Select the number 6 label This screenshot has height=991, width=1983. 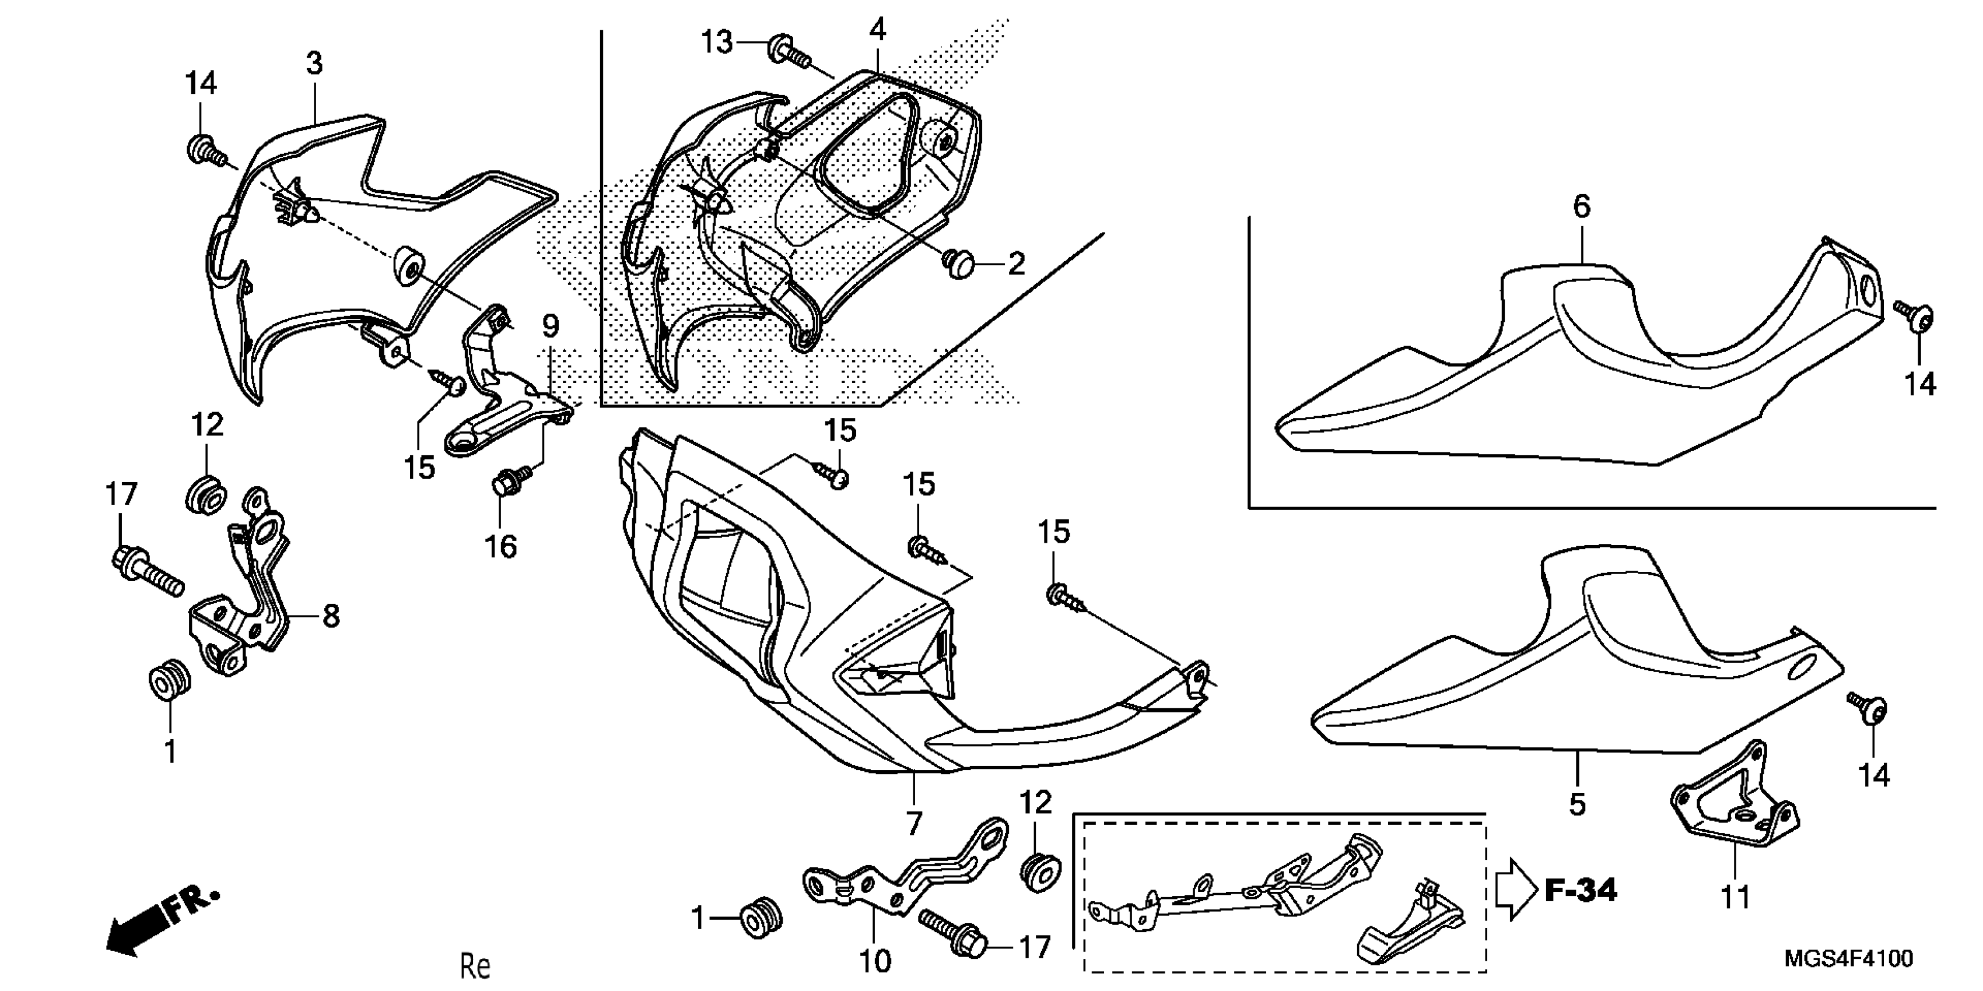click(1581, 206)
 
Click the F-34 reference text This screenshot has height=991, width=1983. click(1581, 891)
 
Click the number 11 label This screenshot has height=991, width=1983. click(1735, 897)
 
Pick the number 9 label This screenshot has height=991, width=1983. click(551, 326)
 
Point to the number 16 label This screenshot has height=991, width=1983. click(500, 546)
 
